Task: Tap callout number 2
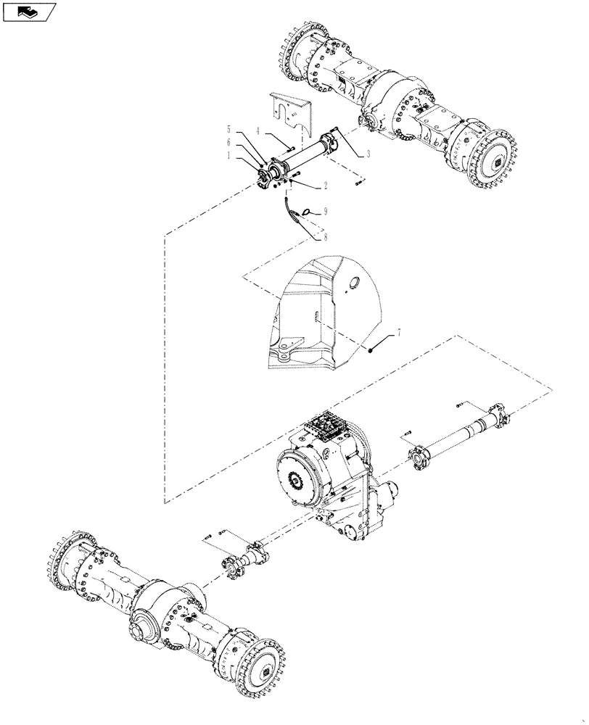325,186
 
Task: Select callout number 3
368,154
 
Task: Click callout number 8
325,236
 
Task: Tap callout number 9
325,211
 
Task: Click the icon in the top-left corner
29,11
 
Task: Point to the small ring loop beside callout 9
308,212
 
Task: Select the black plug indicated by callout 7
371,349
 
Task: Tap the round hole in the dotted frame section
355,283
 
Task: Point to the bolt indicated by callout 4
288,149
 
